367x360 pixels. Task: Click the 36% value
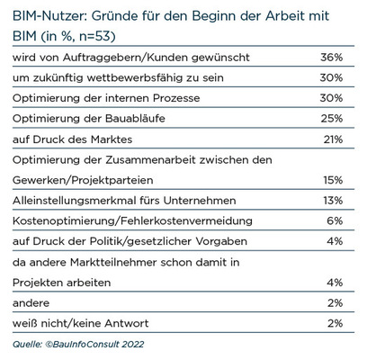[x=331, y=57]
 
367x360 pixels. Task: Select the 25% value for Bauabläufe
[x=331, y=119]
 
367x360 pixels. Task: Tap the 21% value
[x=333, y=139]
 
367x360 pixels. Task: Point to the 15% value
[x=333, y=180]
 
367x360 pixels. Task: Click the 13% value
[x=333, y=201]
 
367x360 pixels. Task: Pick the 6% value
[x=335, y=220]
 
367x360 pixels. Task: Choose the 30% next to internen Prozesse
[x=331, y=98]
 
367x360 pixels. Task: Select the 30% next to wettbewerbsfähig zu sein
[x=331, y=77]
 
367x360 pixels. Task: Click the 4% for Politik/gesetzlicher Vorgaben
[x=335, y=241]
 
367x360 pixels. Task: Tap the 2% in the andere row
[x=335, y=303]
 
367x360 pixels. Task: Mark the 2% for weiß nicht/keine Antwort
[x=335, y=323]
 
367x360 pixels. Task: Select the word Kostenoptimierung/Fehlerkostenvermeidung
[x=132, y=221]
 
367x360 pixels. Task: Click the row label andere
[x=31, y=303]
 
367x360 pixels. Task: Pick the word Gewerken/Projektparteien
[x=83, y=181]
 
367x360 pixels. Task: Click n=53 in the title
[x=97, y=36]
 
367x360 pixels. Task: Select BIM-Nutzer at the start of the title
[x=49, y=15]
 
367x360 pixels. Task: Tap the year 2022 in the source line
[x=133, y=344]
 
